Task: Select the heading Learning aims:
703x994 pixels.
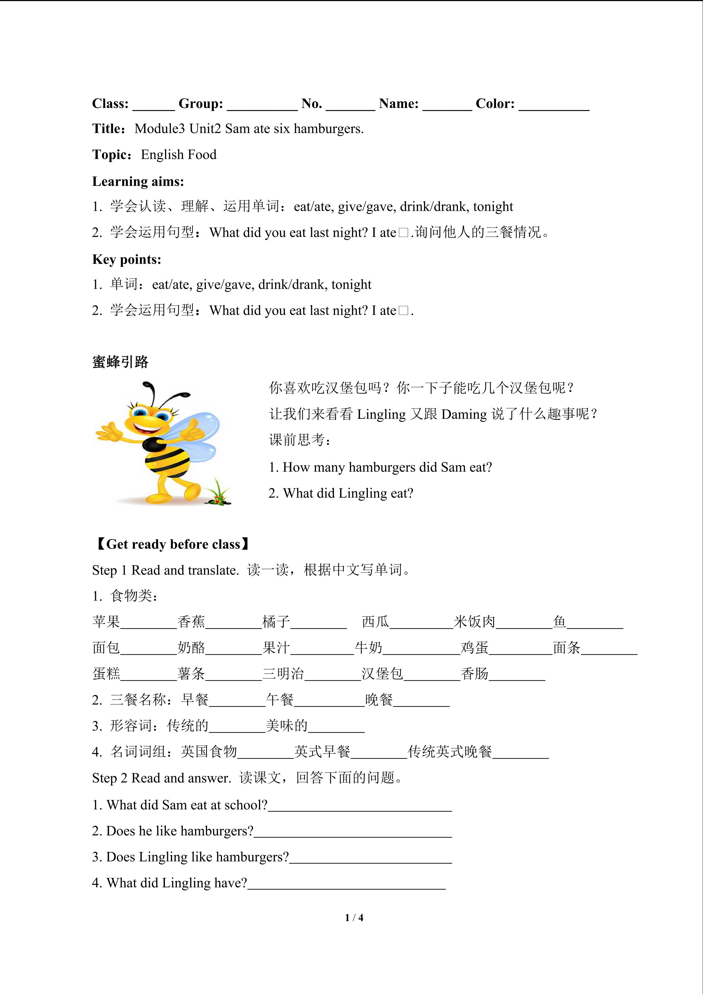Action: pos(138,181)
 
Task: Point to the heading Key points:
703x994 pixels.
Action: pos(126,259)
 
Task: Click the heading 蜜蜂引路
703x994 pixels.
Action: pos(120,362)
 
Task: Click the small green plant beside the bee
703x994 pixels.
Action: pos(219,494)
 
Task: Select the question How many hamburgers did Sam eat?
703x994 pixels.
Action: pos(380,467)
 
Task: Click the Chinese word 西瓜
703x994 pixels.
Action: pos(375,622)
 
